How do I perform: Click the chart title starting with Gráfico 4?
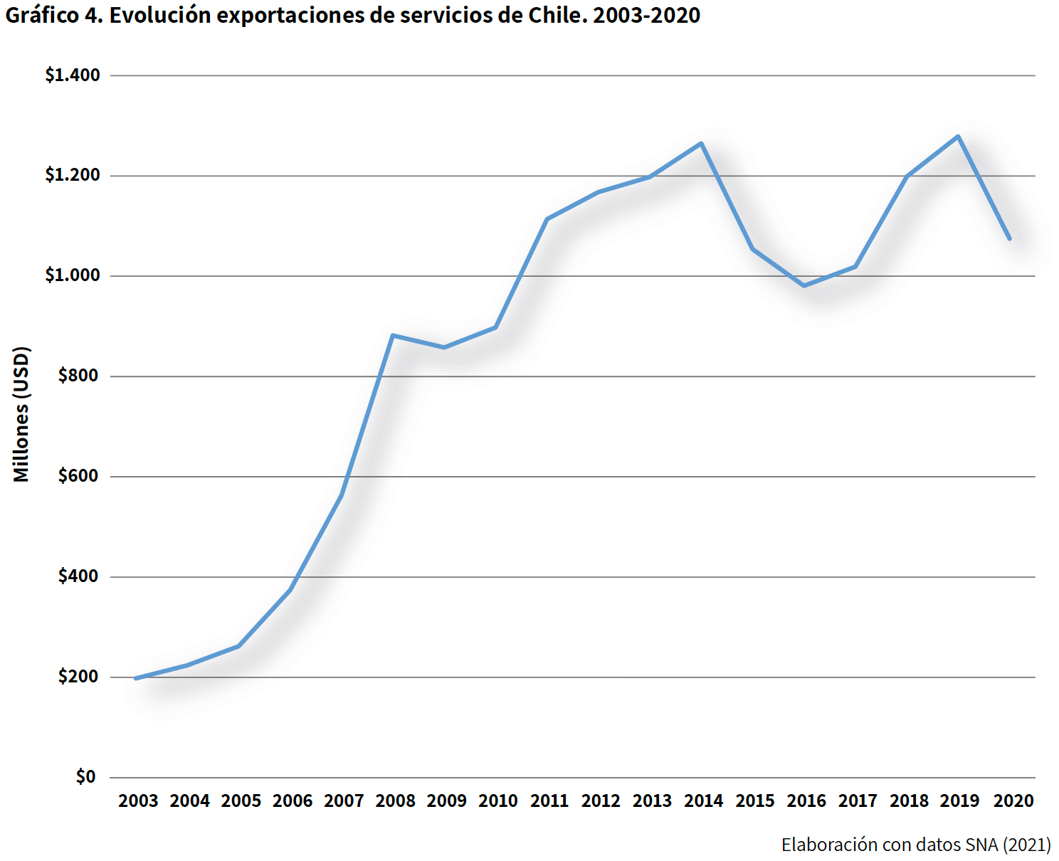(x=353, y=16)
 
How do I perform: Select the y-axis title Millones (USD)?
(x=22, y=414)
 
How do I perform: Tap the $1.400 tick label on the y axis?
(x=73, y=75)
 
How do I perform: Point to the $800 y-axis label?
(x=78, y=376)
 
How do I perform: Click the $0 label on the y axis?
(x=86, y=777)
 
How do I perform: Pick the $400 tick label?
(x=78, y=576)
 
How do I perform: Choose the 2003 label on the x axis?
(x=138, y=801)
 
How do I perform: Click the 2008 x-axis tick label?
(x=395, y=801)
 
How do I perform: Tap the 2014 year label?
(x=703, y=801)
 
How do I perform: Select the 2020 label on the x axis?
(x=1013, y=801)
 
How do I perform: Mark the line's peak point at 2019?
(x=958, y=137)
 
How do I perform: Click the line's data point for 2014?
(x=701, y=144)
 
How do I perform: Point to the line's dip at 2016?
(x=804, y=285)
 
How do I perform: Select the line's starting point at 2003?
(x=136, y=678)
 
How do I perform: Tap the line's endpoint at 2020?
(x=1009, y=238)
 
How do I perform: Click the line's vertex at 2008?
(x=393, y=335)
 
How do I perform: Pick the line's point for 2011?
(x=547, y=219)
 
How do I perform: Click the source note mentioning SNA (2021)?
(x=915, y=845)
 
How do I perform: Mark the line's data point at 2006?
(x=290, y=590)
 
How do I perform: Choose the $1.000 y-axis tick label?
(x=73, y=275)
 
